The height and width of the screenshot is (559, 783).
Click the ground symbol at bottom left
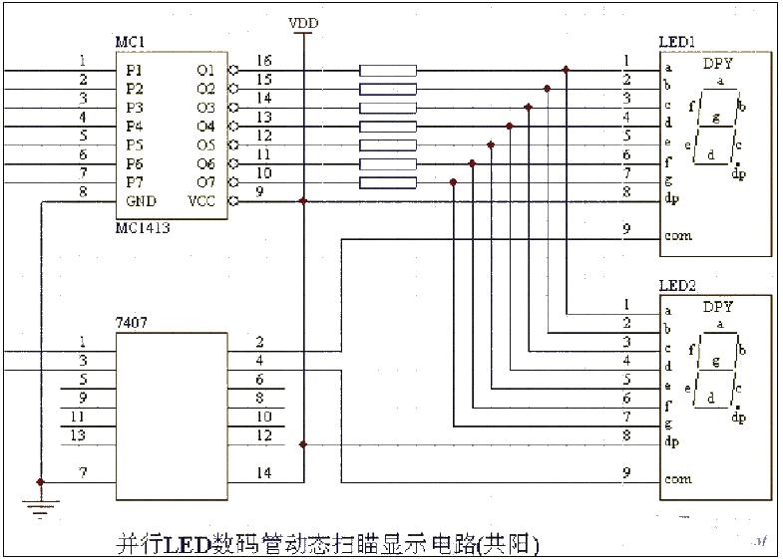click(40, 509)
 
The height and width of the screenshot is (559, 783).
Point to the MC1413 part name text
click(143, 228)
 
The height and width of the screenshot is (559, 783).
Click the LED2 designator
click(678, 286)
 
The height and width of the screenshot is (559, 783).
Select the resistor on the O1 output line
click(387, 71)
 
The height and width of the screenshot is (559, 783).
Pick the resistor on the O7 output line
click(387, 182)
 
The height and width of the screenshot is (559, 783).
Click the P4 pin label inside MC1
click(134, 127)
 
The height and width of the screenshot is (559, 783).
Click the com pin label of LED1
click(677, 236)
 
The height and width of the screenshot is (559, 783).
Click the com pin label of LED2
click(677, 478)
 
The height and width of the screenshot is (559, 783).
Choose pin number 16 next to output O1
click(263, 61)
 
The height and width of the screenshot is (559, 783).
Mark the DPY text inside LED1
click(717, 65)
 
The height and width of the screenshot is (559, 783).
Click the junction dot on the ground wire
click(40, 482)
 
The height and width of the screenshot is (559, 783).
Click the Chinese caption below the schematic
click(328, 544)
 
